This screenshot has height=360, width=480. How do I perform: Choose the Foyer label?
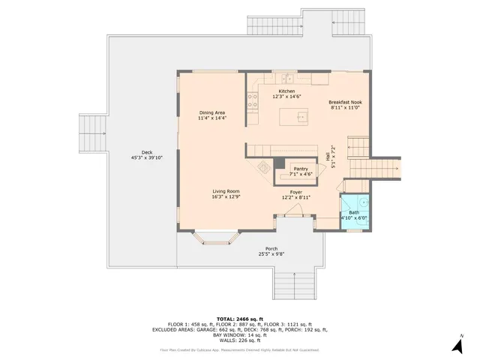(x=295, y=195)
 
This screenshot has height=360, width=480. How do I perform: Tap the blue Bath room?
(x=353, y=214)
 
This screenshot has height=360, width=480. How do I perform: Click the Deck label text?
(x=136, y=155)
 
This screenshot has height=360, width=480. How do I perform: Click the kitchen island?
(x=294, y=117)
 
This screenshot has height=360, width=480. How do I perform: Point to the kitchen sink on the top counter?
(x=286, y=77)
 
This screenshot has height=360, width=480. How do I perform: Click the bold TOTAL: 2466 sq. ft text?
(x=240, y=319)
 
